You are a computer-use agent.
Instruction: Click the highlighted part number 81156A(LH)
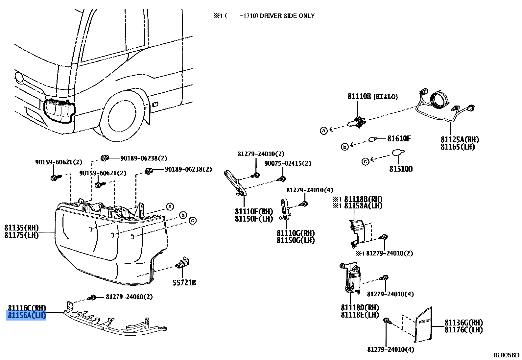26,316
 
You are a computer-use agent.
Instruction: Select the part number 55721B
184,283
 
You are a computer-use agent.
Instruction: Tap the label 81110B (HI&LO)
372,97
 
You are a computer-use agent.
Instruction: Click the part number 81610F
399,139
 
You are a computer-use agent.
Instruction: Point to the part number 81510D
401,169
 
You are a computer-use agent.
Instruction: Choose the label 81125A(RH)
460,140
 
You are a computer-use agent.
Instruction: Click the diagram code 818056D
506,355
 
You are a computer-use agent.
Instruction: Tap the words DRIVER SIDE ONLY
287,16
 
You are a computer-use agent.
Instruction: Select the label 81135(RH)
22,228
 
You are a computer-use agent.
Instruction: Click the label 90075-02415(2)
288,163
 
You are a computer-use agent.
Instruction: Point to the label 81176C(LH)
463,330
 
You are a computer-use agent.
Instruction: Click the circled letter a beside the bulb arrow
324,131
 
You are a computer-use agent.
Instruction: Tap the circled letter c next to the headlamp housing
192,221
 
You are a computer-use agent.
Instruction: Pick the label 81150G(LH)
296,240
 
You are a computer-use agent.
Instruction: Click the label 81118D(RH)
360,308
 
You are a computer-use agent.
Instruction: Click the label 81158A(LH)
363,206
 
